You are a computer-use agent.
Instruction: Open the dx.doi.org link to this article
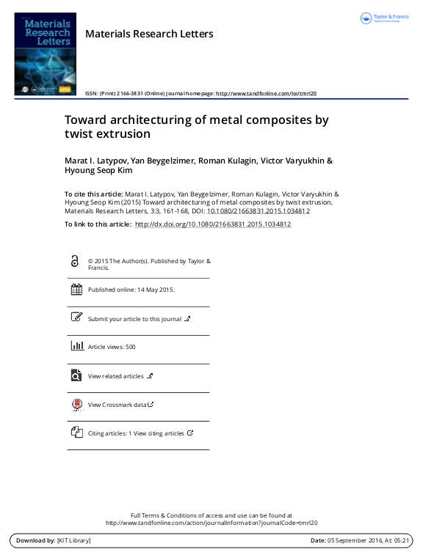[x=213, y=224]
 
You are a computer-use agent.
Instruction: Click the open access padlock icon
[x=75, y=262]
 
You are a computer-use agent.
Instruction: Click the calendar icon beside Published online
[x=76, y=290]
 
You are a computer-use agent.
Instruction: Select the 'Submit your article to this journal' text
[x=134, y=319]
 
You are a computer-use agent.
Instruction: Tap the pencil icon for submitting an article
[x=76, y=318]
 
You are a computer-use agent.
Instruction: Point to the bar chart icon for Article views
[x=76, y=347]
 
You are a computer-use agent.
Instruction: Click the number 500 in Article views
[x=131, y=347]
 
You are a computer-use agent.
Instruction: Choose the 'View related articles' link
[x=116, y=376]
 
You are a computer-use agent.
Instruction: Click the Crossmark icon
[x=76, y=404]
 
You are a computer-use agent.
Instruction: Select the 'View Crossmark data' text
[x=117, y=405]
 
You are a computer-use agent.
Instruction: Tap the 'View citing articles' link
[x=159, y=433]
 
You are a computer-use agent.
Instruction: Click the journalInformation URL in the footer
[x=211, y=523]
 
